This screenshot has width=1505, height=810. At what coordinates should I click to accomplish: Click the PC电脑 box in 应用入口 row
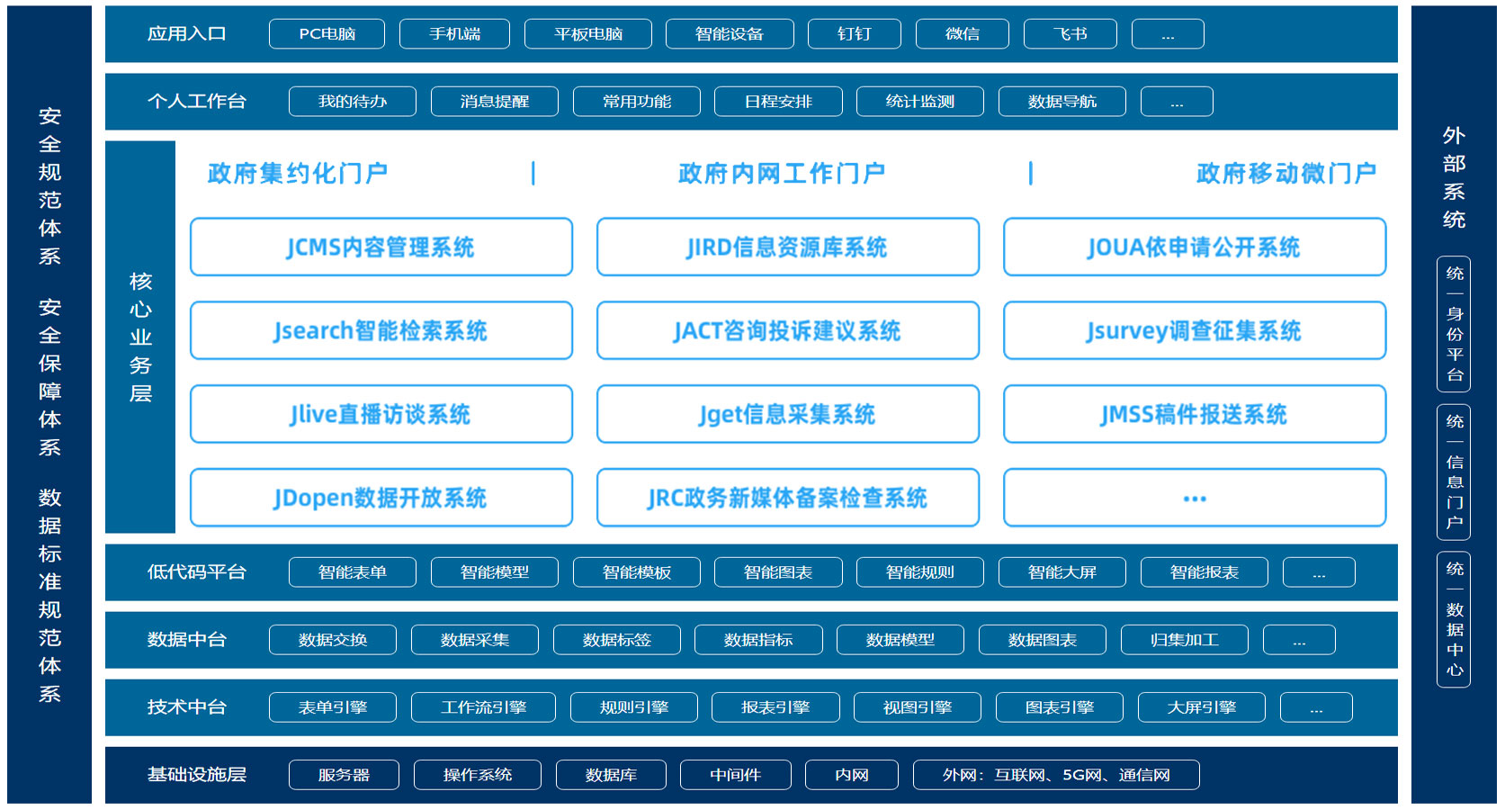coord(327,34)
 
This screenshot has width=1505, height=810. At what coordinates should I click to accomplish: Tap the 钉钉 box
coord(854,34)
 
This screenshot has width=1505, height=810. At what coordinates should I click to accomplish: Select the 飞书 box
coord(1071,34)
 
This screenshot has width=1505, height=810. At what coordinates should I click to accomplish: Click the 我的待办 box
coord(353,102)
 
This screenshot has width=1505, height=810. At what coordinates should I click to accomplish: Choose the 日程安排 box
coord(778,102)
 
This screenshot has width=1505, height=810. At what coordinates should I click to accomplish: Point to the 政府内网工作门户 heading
coord(782,173)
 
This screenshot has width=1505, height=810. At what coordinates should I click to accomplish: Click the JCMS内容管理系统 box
coord(381,247)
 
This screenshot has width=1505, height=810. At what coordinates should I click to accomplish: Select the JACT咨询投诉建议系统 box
coord(788,330)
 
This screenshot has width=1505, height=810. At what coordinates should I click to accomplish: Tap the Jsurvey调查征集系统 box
coord(1195,330)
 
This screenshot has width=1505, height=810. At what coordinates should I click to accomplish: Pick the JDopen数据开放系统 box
coord(381,498)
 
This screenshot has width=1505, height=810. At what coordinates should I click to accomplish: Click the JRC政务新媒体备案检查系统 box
coord(788,498)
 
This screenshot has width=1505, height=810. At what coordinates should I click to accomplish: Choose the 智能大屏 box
coord(1062,572)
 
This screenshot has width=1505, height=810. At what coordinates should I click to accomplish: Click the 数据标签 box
coord(617,640)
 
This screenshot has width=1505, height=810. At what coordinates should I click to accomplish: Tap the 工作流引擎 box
coord(483,707)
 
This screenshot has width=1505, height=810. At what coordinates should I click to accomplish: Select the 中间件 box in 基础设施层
coord(736,775)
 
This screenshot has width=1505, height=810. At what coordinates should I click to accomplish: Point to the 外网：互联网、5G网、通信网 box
coord(1056,775)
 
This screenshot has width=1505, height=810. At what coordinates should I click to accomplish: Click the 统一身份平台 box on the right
coord(1454,324)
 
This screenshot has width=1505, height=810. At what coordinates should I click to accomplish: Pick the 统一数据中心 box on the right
coord(1454,620)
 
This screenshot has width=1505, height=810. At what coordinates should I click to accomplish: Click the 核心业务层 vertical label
coord(140,337)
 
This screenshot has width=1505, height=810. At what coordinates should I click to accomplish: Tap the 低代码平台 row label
coord(197,572)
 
